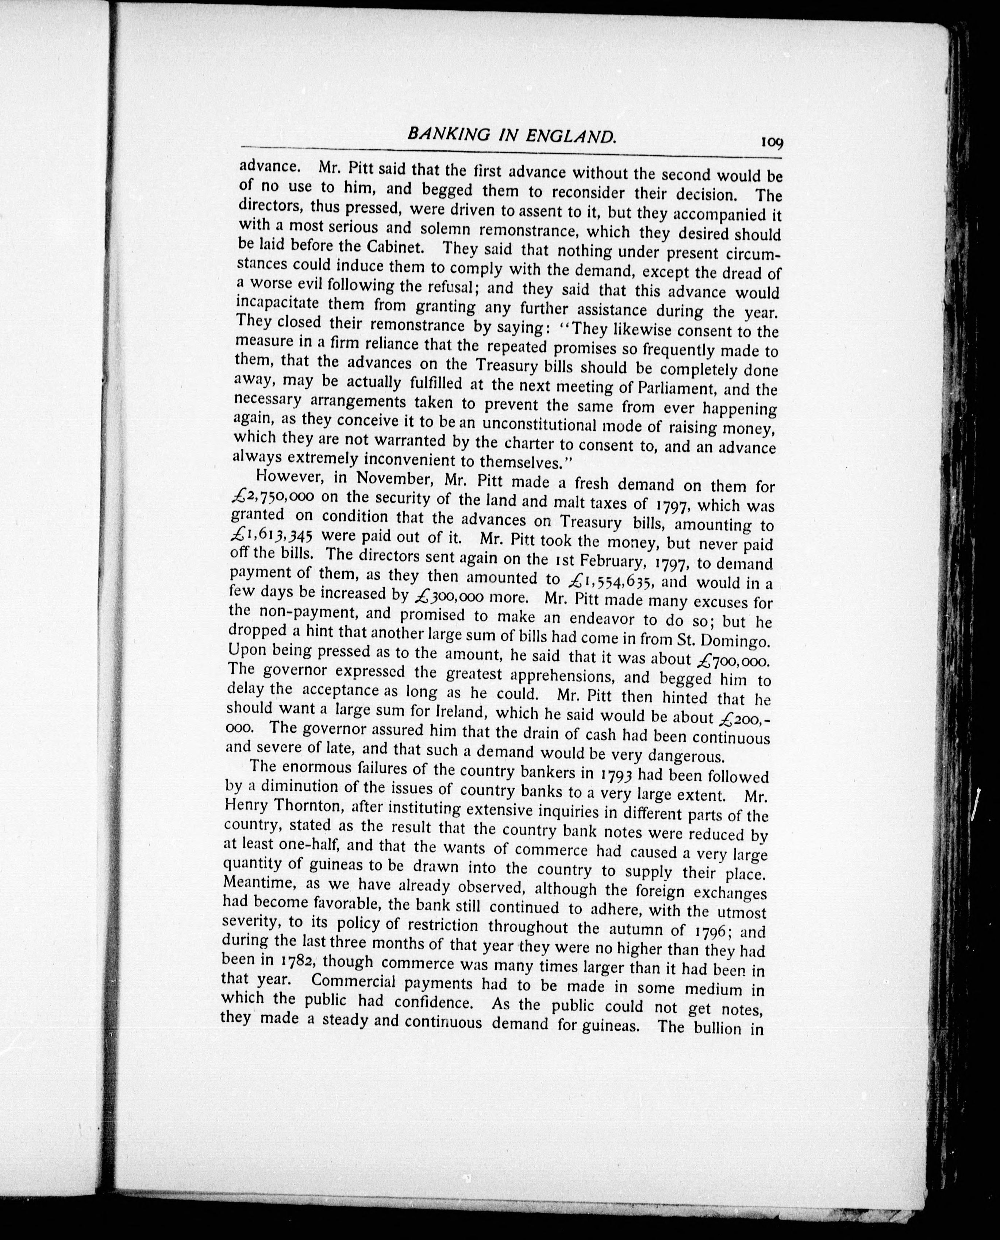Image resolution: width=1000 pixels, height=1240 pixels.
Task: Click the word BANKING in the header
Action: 446,135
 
